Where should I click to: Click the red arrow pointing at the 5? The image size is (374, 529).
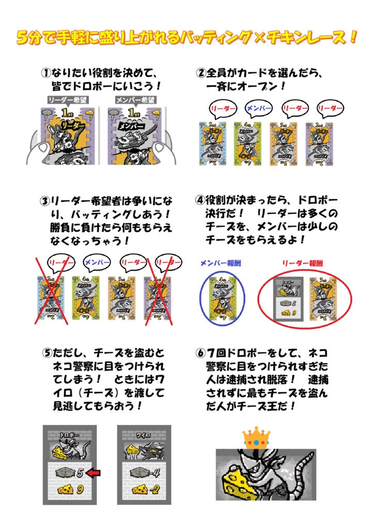click(x=93, y=472)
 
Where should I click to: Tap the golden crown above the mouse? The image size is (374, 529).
click(x=256, y=438)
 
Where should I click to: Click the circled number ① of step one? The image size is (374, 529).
click(x=45, y=73)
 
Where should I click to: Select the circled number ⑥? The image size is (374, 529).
click(x=200, y=353)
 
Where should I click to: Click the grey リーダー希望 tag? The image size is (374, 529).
click(x=66, y=100)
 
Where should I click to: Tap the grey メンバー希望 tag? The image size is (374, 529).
click(x=133, y=100)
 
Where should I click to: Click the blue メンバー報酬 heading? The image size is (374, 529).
click(x=221, y=262)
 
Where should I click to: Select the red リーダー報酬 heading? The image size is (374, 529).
click(x=302, y=262)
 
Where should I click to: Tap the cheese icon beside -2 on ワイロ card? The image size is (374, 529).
click(x=138, y=489)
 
